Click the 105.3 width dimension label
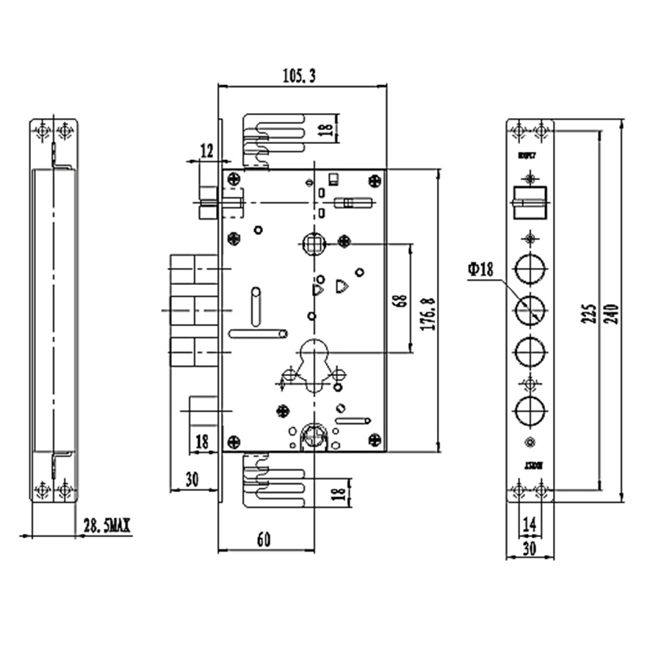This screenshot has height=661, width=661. [x=299, y=75]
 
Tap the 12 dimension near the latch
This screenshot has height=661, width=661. [x=206, y=151]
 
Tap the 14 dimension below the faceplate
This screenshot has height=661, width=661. [x=530, y=524]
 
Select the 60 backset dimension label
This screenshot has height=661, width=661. [x=264, y=540]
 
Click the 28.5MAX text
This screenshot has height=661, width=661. [x=106, y=526]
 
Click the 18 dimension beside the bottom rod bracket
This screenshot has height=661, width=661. [x=339, y=491]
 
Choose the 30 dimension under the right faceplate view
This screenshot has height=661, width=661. [x=530, y=548]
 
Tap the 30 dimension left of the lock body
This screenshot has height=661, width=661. [x=192, y=480]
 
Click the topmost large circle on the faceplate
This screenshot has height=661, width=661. [x=529, y=270]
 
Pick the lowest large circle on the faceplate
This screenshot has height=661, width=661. [x=529, y=410]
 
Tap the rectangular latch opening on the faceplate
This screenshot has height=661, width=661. [x=529, y=203]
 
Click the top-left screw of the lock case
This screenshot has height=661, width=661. [x=234, y=178]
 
